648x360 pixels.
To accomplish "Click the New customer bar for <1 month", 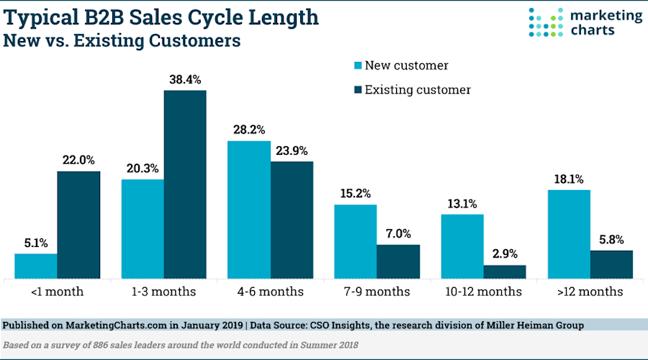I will [x=36, y=266].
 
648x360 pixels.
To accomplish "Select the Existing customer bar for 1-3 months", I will [x=185, y=184].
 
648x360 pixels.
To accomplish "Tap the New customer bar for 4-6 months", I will [x=249, y=210].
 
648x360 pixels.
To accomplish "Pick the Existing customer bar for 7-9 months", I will [x=398, y=261].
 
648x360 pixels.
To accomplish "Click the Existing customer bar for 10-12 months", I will [x=505, y=271].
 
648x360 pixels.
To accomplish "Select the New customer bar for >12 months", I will [x=569, y=234].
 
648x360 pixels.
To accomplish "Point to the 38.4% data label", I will [x=185, y=79].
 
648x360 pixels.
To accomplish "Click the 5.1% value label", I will [x=36, y=243].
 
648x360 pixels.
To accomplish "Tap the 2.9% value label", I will [x=505, y=254].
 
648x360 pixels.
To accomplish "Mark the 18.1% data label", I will [x=569, y=179].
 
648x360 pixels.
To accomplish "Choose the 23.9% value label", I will [x=292, y=150].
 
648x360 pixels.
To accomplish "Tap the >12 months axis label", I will [x=590, y=292].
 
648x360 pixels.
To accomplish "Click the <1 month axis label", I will [x=57, y=292].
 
